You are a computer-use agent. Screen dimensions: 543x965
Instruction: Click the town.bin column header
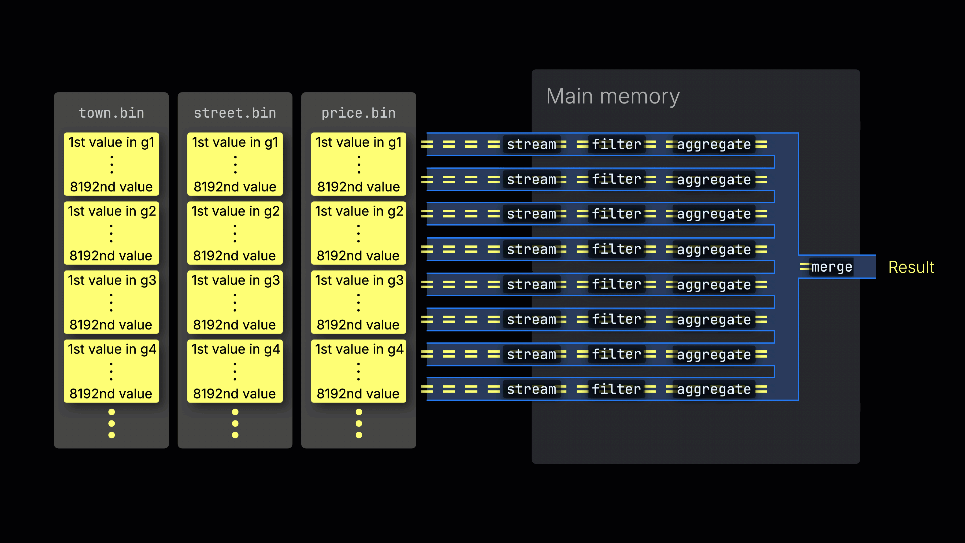(x=111, y=113)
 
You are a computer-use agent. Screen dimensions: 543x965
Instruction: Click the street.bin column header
(x=235, y=113)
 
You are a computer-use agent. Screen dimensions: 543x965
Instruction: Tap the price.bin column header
(x=358, y=113)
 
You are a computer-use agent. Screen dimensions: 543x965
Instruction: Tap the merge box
(x=831, y=267)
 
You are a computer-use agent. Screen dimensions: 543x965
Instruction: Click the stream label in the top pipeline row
(x=531, y=144)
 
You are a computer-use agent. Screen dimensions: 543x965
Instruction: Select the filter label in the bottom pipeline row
(x=616, y=389)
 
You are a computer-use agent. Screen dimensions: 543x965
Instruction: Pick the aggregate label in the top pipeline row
(x=714, y=144)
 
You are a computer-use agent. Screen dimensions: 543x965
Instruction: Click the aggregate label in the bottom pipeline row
(x=714, y=389)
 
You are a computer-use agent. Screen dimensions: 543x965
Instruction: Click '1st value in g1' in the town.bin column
(x=111, y=142)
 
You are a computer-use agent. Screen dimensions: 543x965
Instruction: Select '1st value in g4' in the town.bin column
(x=112, y=349)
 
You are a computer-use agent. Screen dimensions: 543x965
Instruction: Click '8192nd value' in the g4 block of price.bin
(x=358, y=393)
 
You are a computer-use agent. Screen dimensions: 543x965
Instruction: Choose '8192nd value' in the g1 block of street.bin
(x=235, y=187)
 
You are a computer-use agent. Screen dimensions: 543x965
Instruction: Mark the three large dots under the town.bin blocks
(x=111, y=423)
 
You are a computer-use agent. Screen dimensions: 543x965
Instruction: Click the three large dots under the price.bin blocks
(x=358, y=423)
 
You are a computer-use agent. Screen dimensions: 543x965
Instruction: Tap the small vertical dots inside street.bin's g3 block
(x=235, y=303)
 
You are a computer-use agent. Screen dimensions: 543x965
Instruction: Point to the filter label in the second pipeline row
(x=616, y=179)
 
